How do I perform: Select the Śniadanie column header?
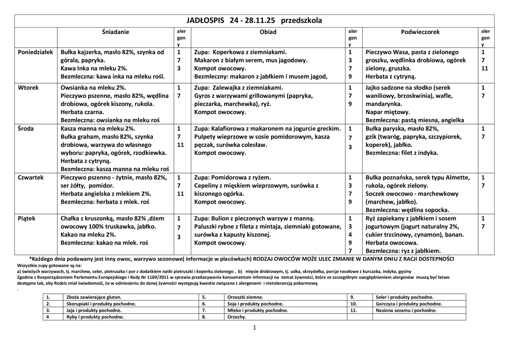(115, 32)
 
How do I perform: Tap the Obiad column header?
(268, 32)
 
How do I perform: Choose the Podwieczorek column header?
(420, 32)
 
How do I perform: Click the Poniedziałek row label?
(35, 52)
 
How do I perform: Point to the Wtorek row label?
(28, 88)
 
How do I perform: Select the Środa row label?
(26, 129)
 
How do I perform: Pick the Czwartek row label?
(31, 178)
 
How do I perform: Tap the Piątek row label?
(26, 219)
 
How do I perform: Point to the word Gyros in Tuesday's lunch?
(203, 96)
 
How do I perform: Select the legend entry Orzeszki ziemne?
(245, 297)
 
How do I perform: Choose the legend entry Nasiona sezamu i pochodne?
(406, 310)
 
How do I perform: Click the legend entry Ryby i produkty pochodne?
(95, 317)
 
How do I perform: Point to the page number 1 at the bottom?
(255, 328)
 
